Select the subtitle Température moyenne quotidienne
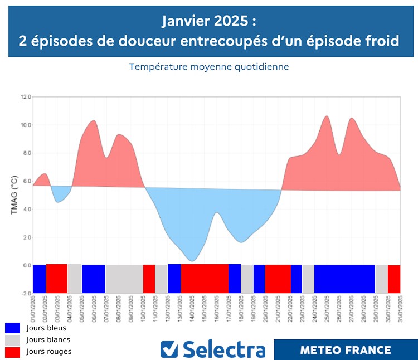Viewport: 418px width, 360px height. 208,67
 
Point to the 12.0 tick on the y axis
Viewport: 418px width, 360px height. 26,97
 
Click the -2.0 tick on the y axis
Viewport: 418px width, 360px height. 25,293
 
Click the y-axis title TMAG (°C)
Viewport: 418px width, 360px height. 14,195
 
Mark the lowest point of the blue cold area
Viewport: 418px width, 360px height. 192,261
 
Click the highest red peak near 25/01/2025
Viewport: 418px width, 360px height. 327,116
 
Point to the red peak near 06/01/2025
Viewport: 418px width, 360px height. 93,120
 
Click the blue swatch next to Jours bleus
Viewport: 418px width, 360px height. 12,328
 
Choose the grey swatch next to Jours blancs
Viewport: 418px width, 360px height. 12,340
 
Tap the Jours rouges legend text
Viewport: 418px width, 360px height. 48,352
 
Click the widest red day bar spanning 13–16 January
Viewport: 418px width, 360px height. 205,279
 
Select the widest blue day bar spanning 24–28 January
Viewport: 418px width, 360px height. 344,279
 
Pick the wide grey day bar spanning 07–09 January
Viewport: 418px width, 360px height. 124,279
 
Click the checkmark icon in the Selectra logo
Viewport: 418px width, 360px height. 169,349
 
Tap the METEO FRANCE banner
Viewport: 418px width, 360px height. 346,350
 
